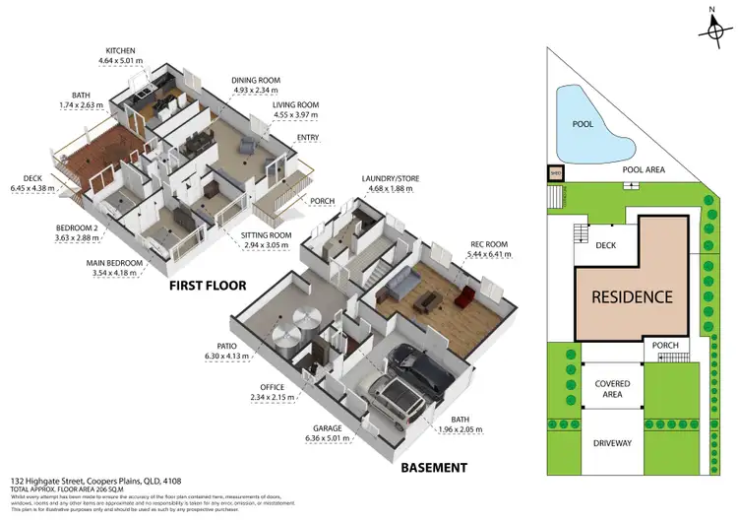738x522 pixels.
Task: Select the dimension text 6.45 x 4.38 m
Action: coord(32,187)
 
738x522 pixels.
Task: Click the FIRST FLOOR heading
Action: coord(209,286)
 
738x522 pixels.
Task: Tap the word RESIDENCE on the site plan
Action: coord(630,295)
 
